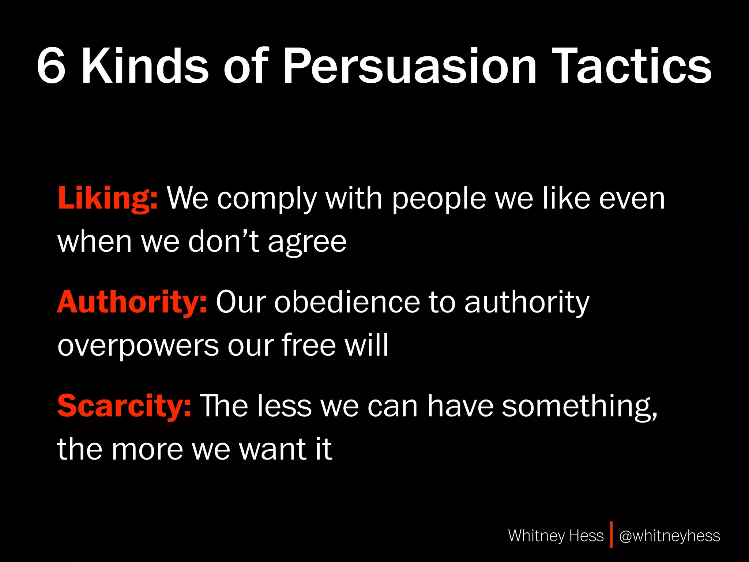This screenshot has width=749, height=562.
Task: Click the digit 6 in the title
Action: click(x=52, y=66)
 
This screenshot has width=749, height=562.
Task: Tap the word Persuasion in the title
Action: click(x=410, y=66)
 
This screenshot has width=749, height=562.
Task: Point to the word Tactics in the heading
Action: click(x=632, y=66)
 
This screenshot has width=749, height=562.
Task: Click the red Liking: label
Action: click(x=108, y=198)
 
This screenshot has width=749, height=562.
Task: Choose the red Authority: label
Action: click(x=132, y=302)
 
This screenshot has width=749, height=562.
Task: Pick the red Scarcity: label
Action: click(x=124, y=406)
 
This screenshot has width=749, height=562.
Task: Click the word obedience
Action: click(x=347, y=302)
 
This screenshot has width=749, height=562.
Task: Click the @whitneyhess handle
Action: click(x=670, y=536)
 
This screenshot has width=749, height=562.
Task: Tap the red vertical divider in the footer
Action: click(x=611, y=535)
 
